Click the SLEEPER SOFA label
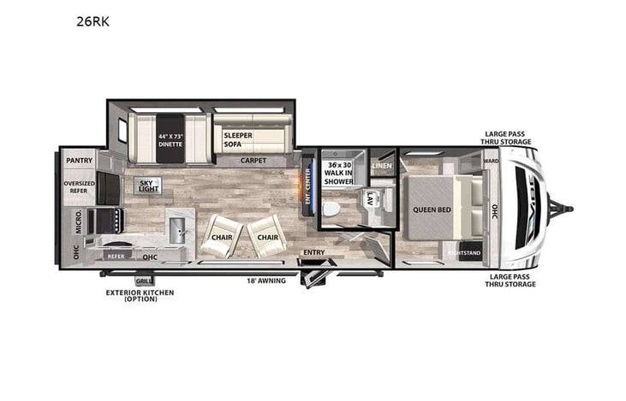click(237, 139)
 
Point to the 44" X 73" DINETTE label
click(170, 139)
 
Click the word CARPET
click(253, 160)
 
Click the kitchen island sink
click(177, 228)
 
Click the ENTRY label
click(313, 252)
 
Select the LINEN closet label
click(381, 166)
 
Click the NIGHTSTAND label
click(466, 254)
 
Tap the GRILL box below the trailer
click(142, 281)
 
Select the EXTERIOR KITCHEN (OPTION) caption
click(140, 296)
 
